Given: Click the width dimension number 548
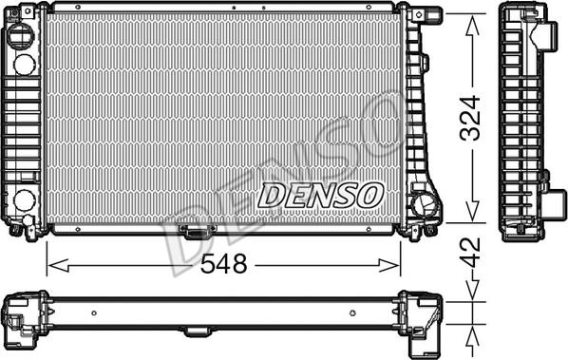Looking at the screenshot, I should (x=223, y=265).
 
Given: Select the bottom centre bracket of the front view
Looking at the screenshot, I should (x=197, y=231).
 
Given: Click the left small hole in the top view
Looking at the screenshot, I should (x=96, y=313).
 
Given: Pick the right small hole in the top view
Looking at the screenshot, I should (x=352, y=313).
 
